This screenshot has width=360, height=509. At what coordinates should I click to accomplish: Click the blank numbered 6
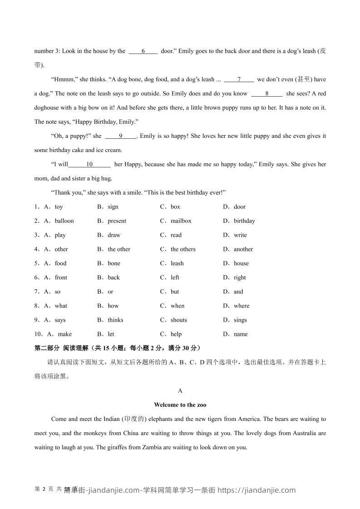point(143,51)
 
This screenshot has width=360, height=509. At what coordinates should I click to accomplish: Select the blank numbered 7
point(239,79)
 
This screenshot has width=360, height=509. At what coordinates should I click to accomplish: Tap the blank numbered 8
point(267,93)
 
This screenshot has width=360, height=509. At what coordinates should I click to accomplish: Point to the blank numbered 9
point(121,136)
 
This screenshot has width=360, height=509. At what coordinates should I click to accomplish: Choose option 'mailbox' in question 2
point(181,221)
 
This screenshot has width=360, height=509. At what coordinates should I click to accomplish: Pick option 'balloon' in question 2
point(64,221)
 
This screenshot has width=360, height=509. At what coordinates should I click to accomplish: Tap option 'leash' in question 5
point(177,263)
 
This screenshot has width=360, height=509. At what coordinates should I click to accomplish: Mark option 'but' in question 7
point(175,292)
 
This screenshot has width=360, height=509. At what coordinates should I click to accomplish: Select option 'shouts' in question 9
point(178,320)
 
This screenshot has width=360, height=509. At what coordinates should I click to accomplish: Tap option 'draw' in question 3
point(114,235)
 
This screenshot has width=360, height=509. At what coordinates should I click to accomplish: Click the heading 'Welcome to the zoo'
point(180,405)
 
